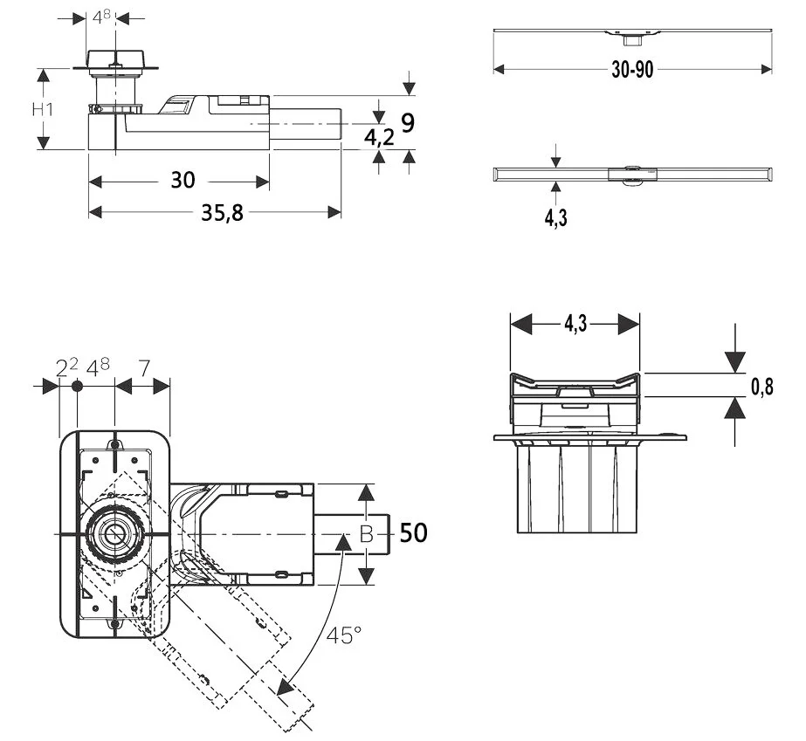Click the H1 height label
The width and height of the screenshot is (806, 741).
(43, 110)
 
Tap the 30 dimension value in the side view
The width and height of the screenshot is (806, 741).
(183, 181)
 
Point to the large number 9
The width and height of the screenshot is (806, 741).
(406, 123)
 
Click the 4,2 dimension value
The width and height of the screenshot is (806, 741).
(379, 136)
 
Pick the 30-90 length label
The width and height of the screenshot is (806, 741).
(632, 70)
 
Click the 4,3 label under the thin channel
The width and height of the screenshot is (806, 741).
(556, 218)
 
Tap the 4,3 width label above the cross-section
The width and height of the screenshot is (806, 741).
(575, 325)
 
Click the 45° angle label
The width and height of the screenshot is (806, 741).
(344, 635)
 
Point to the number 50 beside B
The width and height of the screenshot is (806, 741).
(414, 532)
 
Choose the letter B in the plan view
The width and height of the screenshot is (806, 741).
(367, 534)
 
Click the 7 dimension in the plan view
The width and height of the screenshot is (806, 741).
(144, 367)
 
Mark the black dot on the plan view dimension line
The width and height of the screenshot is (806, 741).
(77, 386)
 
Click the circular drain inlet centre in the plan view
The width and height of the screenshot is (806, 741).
(114, 532)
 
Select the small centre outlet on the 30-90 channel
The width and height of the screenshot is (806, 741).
(631, 37)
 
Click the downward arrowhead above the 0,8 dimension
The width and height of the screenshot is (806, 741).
(735, 360)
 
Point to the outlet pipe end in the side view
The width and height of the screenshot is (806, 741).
(339, 125)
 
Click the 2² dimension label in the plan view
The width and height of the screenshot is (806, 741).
(66, 367)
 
